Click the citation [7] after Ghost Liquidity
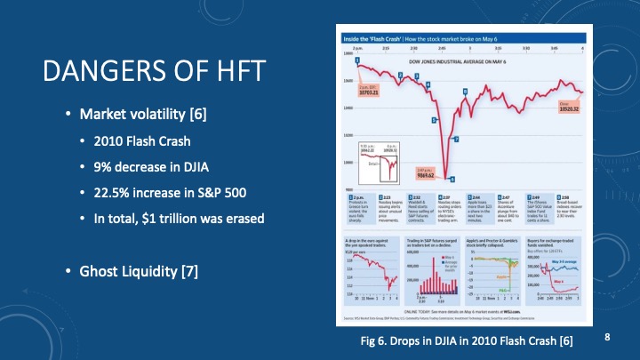[x=188, y=270]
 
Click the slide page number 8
[x=607, y=337]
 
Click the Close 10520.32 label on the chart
[x=568, y=108]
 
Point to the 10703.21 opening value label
[x=370, y=91]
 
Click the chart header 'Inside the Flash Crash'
[x=373, y=40]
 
